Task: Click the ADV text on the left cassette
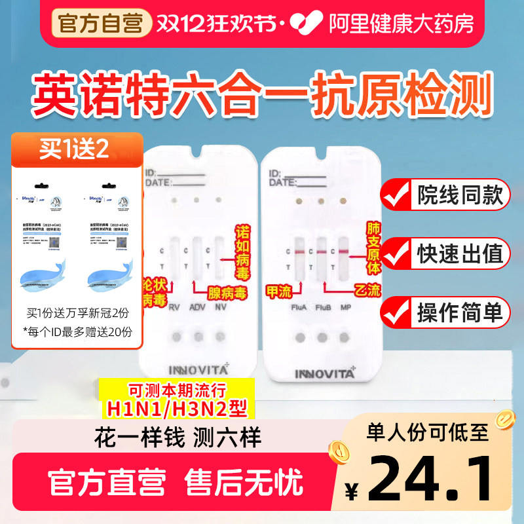tap(197, 308)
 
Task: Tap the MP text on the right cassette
tap(345, 308)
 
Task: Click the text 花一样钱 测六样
tap(181, 438)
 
